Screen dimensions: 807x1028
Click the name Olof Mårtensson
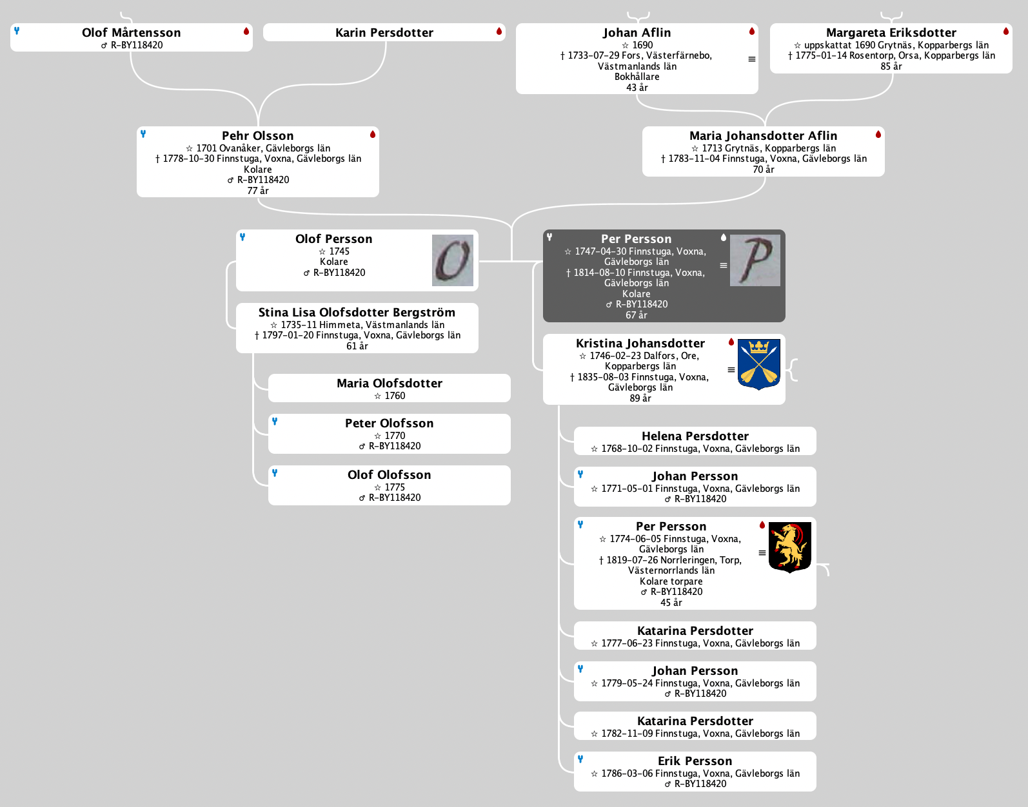[131, 33]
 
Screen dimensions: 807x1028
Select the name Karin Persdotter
[384, 33]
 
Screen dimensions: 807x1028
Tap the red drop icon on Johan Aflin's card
[751, 32]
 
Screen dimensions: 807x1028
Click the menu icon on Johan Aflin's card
[751, 59]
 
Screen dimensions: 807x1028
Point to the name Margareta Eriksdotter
[891, 33]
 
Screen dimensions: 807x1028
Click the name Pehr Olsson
[257, 136]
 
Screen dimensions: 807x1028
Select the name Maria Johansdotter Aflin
[763, 136]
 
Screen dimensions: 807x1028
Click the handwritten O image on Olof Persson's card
[452, 260]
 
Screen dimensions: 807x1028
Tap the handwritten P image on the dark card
[755, 260]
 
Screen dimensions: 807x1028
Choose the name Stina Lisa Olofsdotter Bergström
[357, 313]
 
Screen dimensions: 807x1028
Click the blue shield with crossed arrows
[758, 364]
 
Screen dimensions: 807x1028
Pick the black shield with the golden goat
[789, 547]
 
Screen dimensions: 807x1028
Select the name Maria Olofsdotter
[389, 384]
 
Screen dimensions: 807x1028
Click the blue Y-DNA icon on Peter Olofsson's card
[275, 422]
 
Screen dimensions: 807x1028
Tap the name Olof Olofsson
[389, 475]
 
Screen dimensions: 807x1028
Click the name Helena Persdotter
[695, 436]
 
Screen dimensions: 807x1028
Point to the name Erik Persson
[695, 761]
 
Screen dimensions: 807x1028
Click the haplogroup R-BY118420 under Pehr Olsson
[262, 180]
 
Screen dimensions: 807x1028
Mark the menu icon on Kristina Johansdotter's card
[731, 370]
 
